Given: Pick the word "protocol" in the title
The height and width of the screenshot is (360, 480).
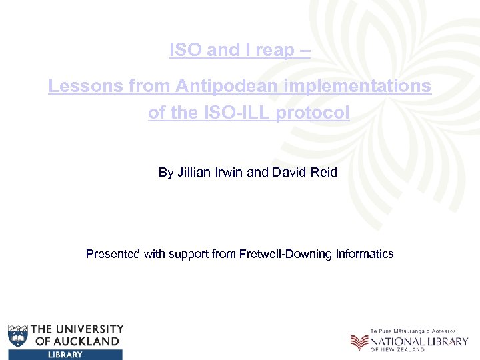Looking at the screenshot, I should click(317, 113).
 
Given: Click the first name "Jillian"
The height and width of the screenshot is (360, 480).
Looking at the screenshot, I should click(193, 173).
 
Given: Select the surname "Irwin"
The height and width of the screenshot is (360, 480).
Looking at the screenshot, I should click(229, 173).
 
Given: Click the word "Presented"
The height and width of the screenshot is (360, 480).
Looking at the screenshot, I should click(113, 254).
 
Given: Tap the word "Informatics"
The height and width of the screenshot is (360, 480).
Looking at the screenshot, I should click(365, 254).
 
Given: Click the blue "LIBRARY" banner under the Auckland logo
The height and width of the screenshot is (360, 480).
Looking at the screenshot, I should click(65, 355).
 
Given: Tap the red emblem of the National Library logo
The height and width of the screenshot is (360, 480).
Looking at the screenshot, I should click(359, 342).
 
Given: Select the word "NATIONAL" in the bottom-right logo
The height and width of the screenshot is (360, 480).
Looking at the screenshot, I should click(399, 341).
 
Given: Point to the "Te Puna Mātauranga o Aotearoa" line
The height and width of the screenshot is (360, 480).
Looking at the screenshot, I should click(413, 330).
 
